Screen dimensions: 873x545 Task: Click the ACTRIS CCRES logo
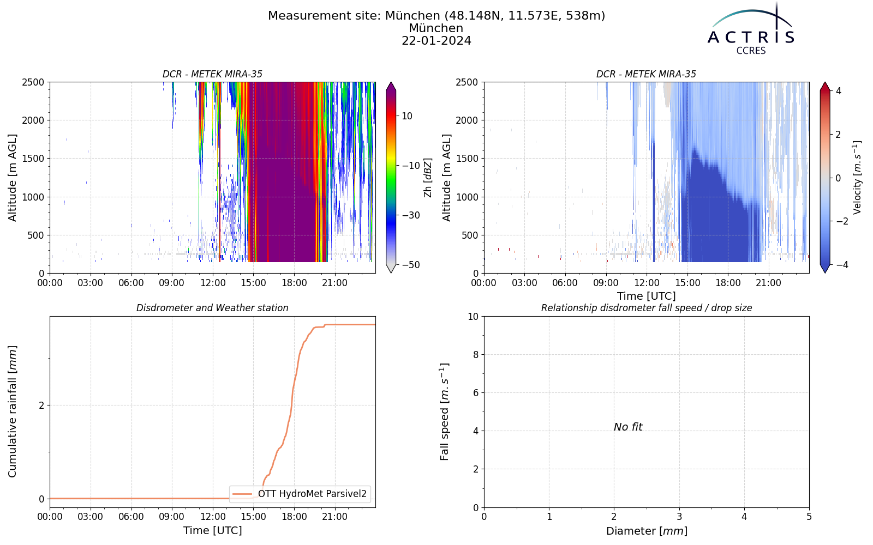point(751,29)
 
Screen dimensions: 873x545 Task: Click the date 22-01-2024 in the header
point(436,40)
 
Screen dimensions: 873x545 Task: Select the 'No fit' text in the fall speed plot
point(628,427)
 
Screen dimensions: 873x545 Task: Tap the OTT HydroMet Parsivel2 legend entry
point(300,494)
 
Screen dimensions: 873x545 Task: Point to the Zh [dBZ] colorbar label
point(428,178)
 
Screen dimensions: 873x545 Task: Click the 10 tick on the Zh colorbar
point(407,116)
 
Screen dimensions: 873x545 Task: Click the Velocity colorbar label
point(857,178)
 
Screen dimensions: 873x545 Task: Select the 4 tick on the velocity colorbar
point(838,91)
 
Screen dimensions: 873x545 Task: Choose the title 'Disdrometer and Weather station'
point(212,308)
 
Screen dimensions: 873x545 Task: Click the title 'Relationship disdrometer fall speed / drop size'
point(647,308)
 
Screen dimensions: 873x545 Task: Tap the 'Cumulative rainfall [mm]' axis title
point(12,411)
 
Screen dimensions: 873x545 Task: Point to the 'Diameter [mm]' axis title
point(647,531)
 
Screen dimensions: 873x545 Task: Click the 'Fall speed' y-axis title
point(444,411)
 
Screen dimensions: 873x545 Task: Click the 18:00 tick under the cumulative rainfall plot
point(294,517)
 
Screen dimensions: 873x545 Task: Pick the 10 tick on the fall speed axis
point(473,317)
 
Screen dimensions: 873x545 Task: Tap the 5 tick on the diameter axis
point(809,517)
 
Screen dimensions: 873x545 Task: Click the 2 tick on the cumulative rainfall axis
point(41,405)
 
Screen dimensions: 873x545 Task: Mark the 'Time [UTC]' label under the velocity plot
point(647,296)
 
